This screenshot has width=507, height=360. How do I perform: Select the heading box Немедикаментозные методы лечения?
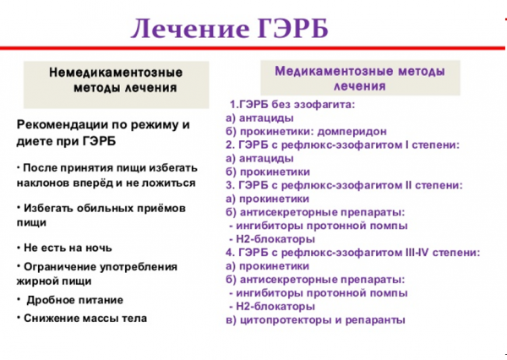click(116, 79)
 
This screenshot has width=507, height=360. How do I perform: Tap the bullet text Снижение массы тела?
click(84, 319)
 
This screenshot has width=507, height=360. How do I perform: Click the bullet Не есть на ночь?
click(67, 248)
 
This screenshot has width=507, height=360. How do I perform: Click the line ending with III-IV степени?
click(352, 252)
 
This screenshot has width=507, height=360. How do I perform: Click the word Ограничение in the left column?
click(58, 266)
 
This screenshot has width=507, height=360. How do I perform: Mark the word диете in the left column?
click(34, 139)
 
